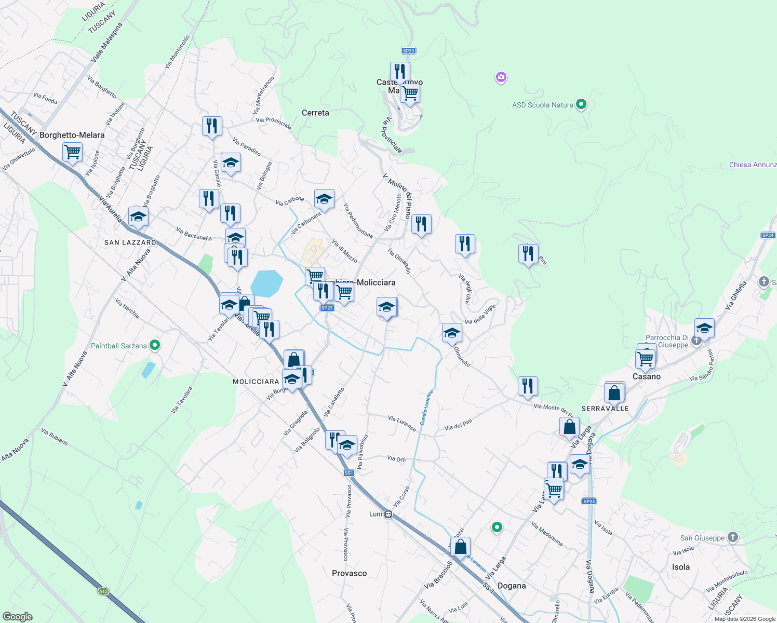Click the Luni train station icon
tap(388, 514)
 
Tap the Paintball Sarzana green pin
tap(154, 345)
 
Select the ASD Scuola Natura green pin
tap(581, 105)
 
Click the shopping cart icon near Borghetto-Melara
tap(72, 152)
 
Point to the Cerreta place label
tap(315, 113)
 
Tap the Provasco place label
tap(349, 573)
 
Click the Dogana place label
tap(512, 586)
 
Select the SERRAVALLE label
tap(605, 409)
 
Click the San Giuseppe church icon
tap(732, 537)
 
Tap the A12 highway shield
tap(103, 591)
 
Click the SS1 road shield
tap(349, 473)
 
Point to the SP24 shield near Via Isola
tap(589, 501)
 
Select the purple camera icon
tap(501, 78)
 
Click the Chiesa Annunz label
tap(753, 165)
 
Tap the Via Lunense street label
tap(402, 423)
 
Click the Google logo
tap(17, 616)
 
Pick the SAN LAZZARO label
tap(130, 242)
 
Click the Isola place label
tap(681, 567)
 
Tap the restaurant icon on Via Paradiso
tap(212, 126)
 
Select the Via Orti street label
tap(396, 459)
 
